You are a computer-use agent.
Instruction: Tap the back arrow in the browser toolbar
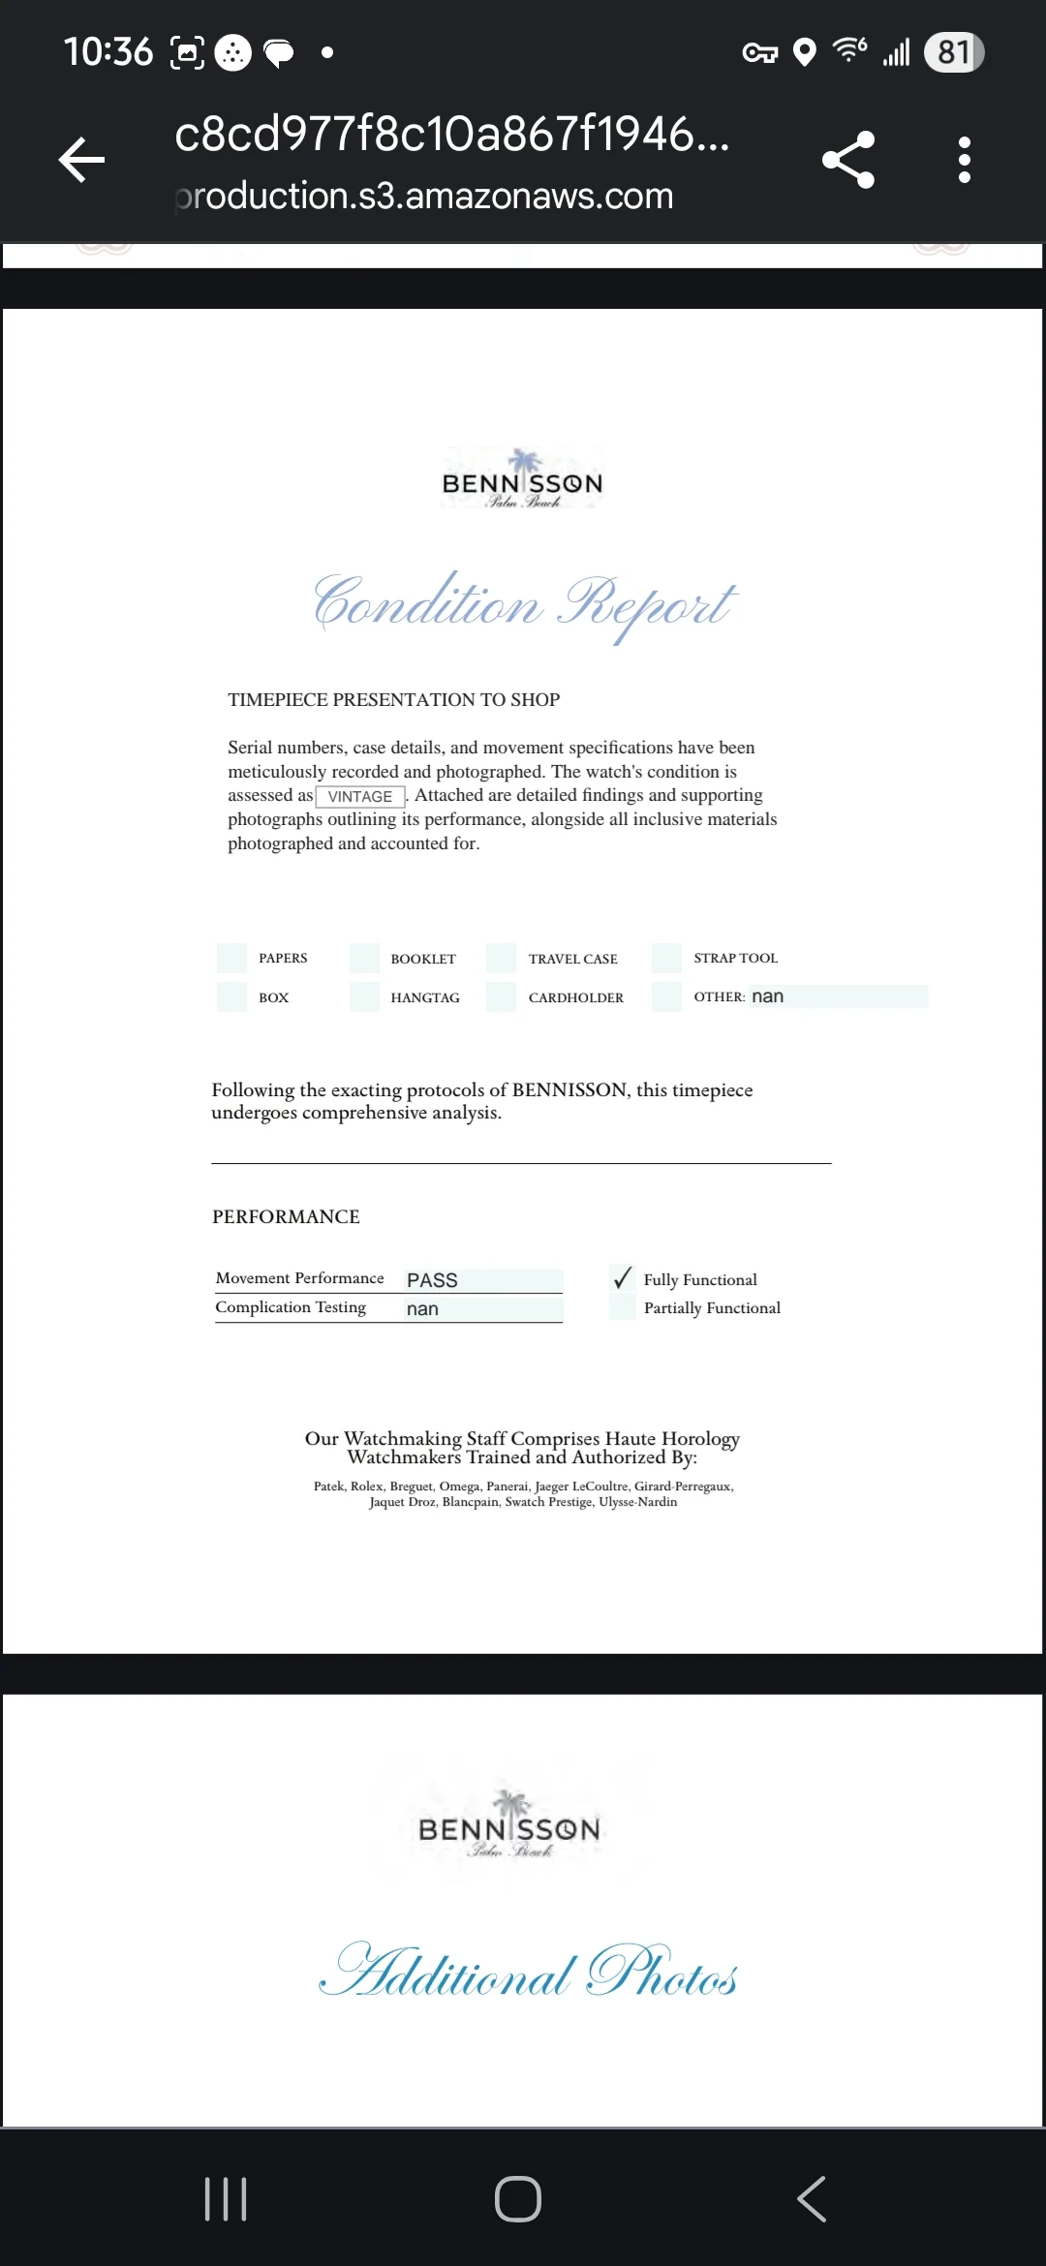(x=82, y=160)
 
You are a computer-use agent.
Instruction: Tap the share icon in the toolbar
(x=848, y=160)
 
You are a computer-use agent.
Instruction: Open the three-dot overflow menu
(x=964, y=160)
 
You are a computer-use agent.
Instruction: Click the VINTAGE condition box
(x=360, y=796)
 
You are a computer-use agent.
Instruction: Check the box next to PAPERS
(x=232, y=958)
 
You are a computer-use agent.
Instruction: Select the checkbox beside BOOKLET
(x=364, y=958)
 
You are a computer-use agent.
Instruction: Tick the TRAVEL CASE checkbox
(x=501, y=958)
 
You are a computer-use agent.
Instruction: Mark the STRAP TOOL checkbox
(x=667, y=958)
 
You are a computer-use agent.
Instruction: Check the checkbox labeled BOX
(x=232, y=996)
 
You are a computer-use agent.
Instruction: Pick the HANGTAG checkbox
(x=364, y=996)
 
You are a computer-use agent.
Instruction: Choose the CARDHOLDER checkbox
(x=501, y=996)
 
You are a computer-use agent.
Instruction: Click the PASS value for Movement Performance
(x=433, y=1280)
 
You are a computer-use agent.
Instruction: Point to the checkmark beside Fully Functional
(x=623, y=1278)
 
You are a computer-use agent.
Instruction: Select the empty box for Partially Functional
(x=623, y=1307)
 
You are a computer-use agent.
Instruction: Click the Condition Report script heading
(x=524, y=603)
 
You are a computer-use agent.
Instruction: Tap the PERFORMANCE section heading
(x=286, y=1216)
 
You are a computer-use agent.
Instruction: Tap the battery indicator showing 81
(x=954, y=52)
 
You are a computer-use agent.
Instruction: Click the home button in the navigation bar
(x=518, y=2199)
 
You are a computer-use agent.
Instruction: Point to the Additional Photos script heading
(x=528, y=1972)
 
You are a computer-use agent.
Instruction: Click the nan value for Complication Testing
(x=423, y=1309)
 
